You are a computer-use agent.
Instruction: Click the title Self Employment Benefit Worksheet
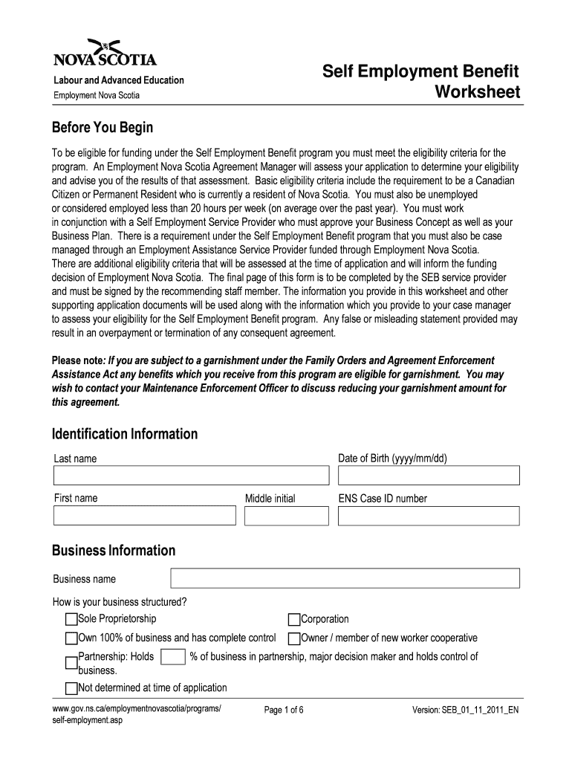pos(420,82)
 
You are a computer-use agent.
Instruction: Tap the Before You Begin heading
pos(102,128)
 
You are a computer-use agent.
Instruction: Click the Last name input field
pos(191,476)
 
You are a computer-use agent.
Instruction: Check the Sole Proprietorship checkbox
pos(71,620)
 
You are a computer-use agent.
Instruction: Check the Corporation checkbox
pos(294,620)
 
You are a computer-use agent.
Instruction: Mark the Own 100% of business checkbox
pos(71,638)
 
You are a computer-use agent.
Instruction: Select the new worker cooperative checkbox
pos(294,638)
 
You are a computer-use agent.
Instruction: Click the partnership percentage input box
pos(173,657)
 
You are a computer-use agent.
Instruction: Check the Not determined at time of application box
pos(71,688)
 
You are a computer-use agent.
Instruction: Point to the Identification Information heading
pos(125,434)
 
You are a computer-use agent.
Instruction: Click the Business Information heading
pos(114,551)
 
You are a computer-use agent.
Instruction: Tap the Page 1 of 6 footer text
pos(284,710)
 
